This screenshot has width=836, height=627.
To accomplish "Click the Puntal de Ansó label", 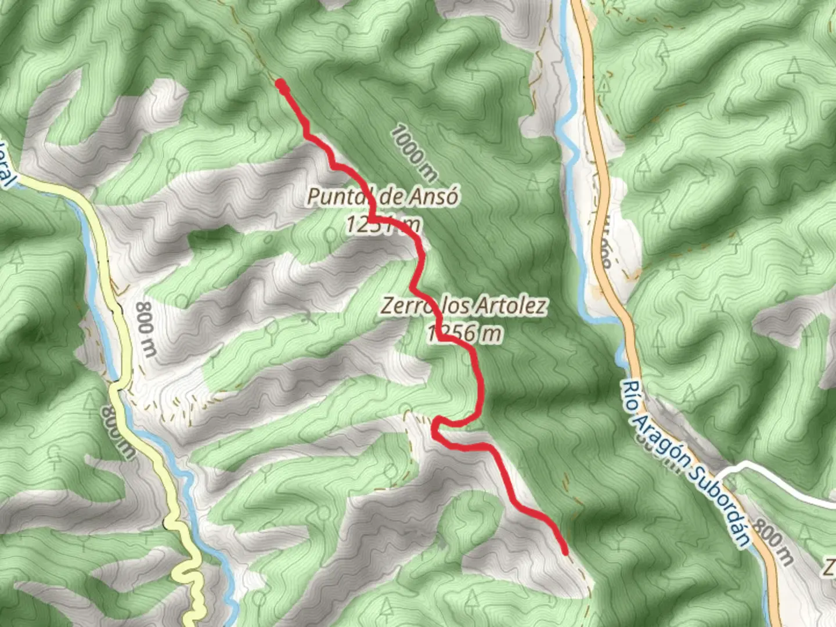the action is (x=383, y=197).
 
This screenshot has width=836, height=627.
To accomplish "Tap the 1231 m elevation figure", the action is (x=383, y=224).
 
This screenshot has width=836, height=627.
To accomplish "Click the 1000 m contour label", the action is (x=413, y=152).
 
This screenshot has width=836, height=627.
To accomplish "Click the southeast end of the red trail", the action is (x=564, y=551).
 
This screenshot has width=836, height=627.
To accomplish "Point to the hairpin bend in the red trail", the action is (x=437, y=424).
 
